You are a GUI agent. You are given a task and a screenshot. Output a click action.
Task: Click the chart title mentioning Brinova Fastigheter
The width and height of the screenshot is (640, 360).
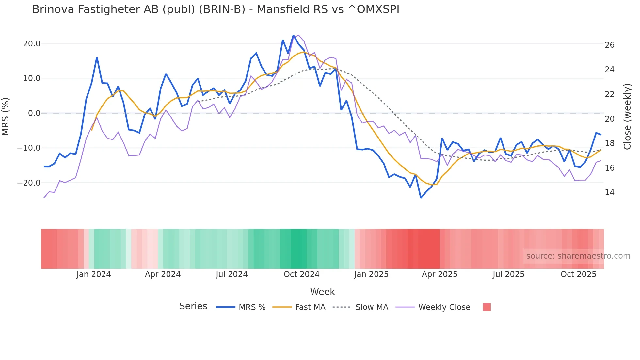[x=216, y=9]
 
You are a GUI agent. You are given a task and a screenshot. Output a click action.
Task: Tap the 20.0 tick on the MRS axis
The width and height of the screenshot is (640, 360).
[x=32, y=44]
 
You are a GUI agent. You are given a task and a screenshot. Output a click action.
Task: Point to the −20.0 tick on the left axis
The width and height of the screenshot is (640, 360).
[x=29, y=183]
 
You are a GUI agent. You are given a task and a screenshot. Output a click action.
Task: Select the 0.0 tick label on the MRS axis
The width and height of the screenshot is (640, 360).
[x=34, y=113]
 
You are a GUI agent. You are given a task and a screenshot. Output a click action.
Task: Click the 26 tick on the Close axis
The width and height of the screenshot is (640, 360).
[x=609, y=45]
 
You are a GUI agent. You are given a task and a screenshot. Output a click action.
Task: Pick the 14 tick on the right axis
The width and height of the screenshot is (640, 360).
[x=609, y=192]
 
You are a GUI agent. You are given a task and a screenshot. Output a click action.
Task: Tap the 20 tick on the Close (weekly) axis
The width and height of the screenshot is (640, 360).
[x=609, y=119]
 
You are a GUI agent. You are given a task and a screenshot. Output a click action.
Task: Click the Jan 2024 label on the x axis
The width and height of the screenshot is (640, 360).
[x=94, y=274]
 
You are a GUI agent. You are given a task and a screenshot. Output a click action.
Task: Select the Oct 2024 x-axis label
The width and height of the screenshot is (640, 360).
[x=301, y=274]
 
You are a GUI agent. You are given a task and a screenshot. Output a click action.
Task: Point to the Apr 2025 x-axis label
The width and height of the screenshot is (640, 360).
[x=440, y=274]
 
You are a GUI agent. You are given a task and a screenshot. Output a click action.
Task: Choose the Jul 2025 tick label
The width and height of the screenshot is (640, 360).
[x=508, y=274]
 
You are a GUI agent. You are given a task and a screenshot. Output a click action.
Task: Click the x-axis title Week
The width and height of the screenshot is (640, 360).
[x=322, y=292]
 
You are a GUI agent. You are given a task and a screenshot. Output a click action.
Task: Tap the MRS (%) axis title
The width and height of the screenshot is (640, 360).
[x=6, y=116]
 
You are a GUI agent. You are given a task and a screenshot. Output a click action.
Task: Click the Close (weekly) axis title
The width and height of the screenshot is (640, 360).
[x=627, y=116]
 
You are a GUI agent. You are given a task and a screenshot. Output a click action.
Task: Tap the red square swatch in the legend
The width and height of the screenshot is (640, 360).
[x=487, y=307]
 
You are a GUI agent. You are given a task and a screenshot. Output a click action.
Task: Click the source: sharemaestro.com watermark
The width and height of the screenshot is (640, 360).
[x=578, y=256]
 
